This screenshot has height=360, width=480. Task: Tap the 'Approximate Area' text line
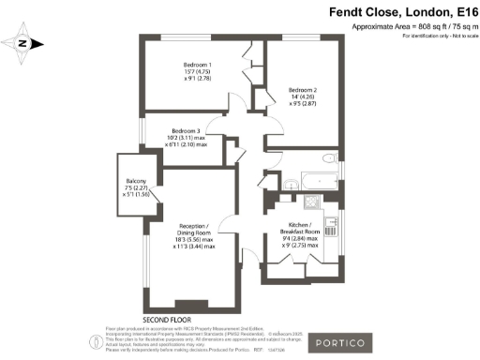pyautogui.click(x=413, y=27)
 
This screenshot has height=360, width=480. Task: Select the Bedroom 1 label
pyautogui.click(x=198, y=65)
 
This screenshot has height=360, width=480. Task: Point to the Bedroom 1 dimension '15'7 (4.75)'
pyautogui.click(x=198, y=73)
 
